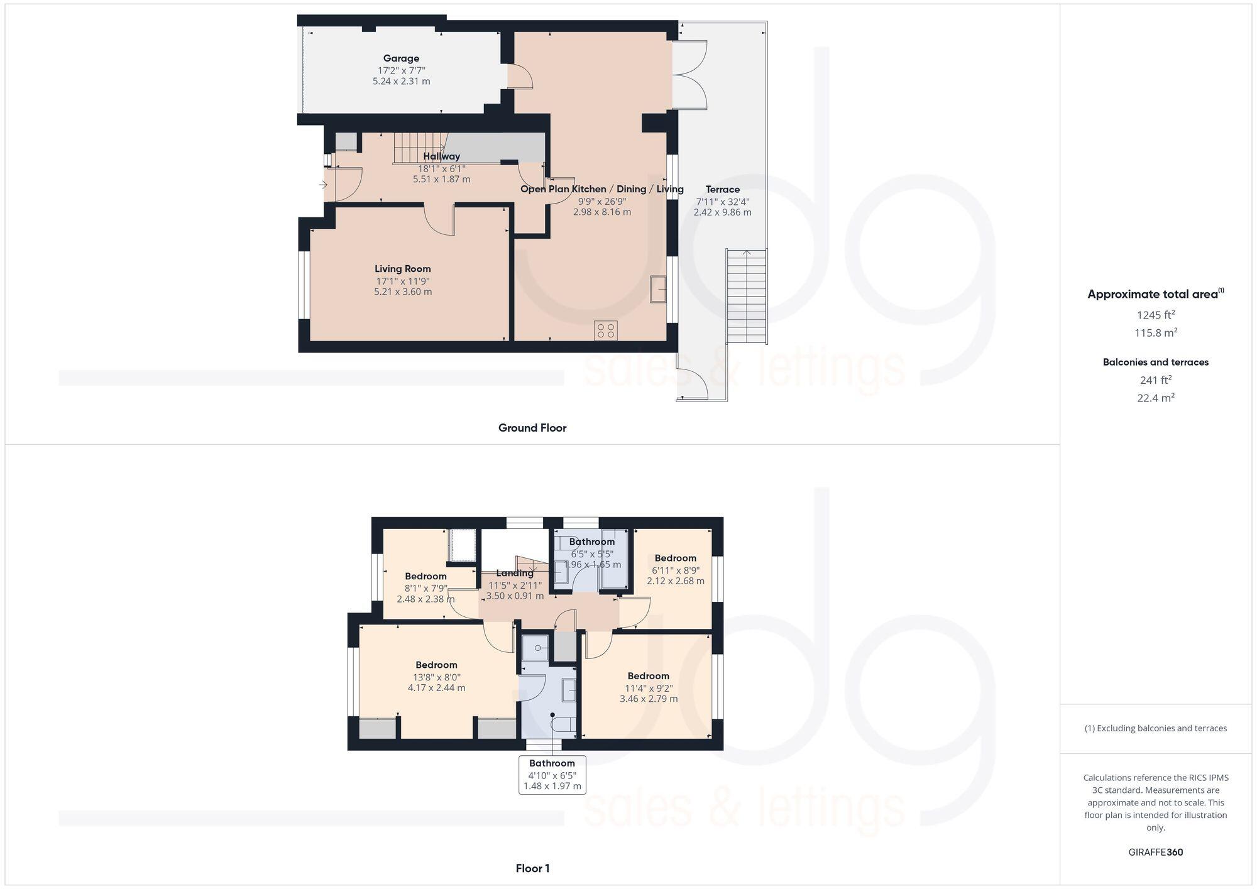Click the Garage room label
(401, 58)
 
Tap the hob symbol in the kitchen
(606, 330)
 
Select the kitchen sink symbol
(658, 289)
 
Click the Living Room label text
(403, 269)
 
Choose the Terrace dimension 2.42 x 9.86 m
(722, 212)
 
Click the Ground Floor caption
(532, 428)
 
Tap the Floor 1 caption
(532, 868)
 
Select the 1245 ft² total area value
(1155, 315)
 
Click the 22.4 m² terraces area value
(1155, 398)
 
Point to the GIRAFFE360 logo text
(1155, 853)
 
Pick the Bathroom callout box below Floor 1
(552, 775)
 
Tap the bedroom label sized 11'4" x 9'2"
(648, 676)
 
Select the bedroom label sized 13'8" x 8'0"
(436, 665)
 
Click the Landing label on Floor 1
(515, 573)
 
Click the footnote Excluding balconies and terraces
(1155, 728)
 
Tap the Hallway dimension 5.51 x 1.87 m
(441, 179)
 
